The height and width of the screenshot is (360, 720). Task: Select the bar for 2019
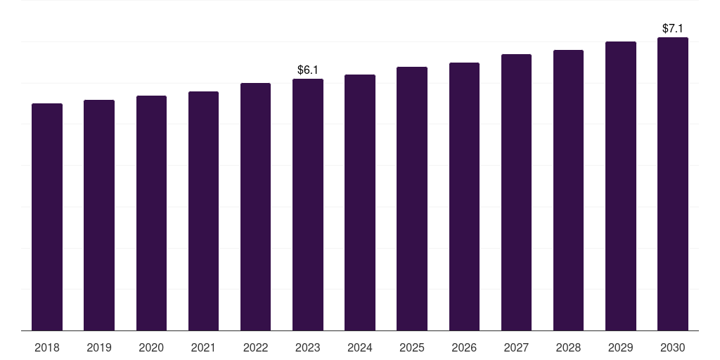pos(99,215)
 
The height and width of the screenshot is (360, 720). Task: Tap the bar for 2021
pos(203,211)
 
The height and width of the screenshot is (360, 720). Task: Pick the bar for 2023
pos(308,205)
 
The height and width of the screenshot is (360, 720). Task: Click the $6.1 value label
pos(308,70)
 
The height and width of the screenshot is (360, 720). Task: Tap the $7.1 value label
pos(673,29)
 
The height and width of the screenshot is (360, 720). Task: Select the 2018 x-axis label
pos(47,347)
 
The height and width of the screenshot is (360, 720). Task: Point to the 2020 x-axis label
pos(151,347)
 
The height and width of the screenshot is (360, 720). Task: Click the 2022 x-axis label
pos(255,347)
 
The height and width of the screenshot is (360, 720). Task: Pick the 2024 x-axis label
pos(360,347)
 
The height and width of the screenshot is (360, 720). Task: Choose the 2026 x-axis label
pos(464,347)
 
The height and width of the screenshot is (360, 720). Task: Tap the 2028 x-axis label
pos(568,347)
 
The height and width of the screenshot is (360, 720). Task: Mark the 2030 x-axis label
pos(673,347)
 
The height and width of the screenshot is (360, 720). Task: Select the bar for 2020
pos(151,213)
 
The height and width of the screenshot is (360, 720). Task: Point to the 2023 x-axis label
pos(308,347)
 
